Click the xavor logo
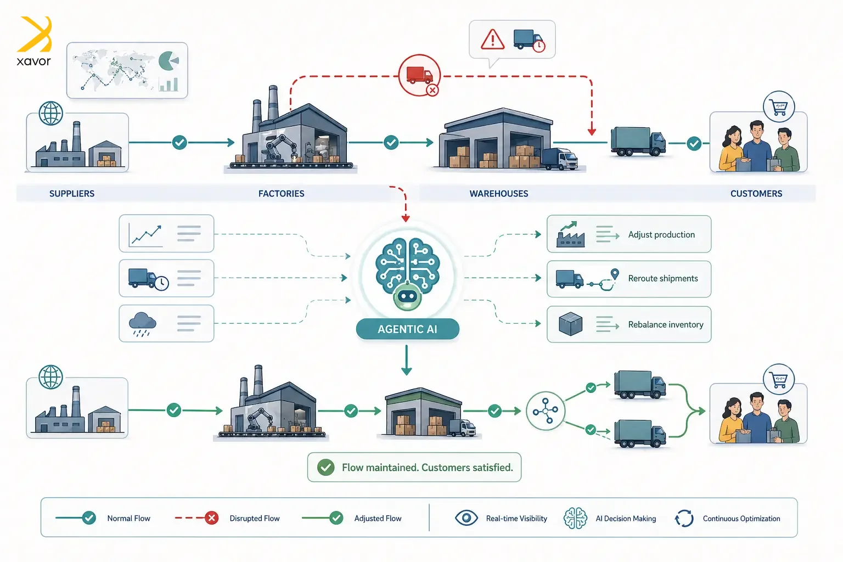coord(34,42)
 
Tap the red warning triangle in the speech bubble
coord(492,40)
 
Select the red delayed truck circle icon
coord(419,75)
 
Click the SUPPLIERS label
coord(72,194)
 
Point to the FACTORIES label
coord(281,194)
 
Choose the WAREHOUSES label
coord(498,194)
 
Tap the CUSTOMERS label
coord(756,194)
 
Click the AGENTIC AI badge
coord(407,329)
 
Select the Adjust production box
coord(629,234)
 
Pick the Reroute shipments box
coord(629,279)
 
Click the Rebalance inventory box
coord(629,324)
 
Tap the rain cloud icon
coord(142,323)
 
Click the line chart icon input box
coord(166,234)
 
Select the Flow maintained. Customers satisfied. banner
coord(414,467)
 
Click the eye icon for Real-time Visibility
coord(466,518)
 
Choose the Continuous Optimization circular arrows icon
coord(684,518)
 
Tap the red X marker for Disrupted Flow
coord(211,518)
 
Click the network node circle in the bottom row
coord(546,411)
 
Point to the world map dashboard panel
coord(127,71)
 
